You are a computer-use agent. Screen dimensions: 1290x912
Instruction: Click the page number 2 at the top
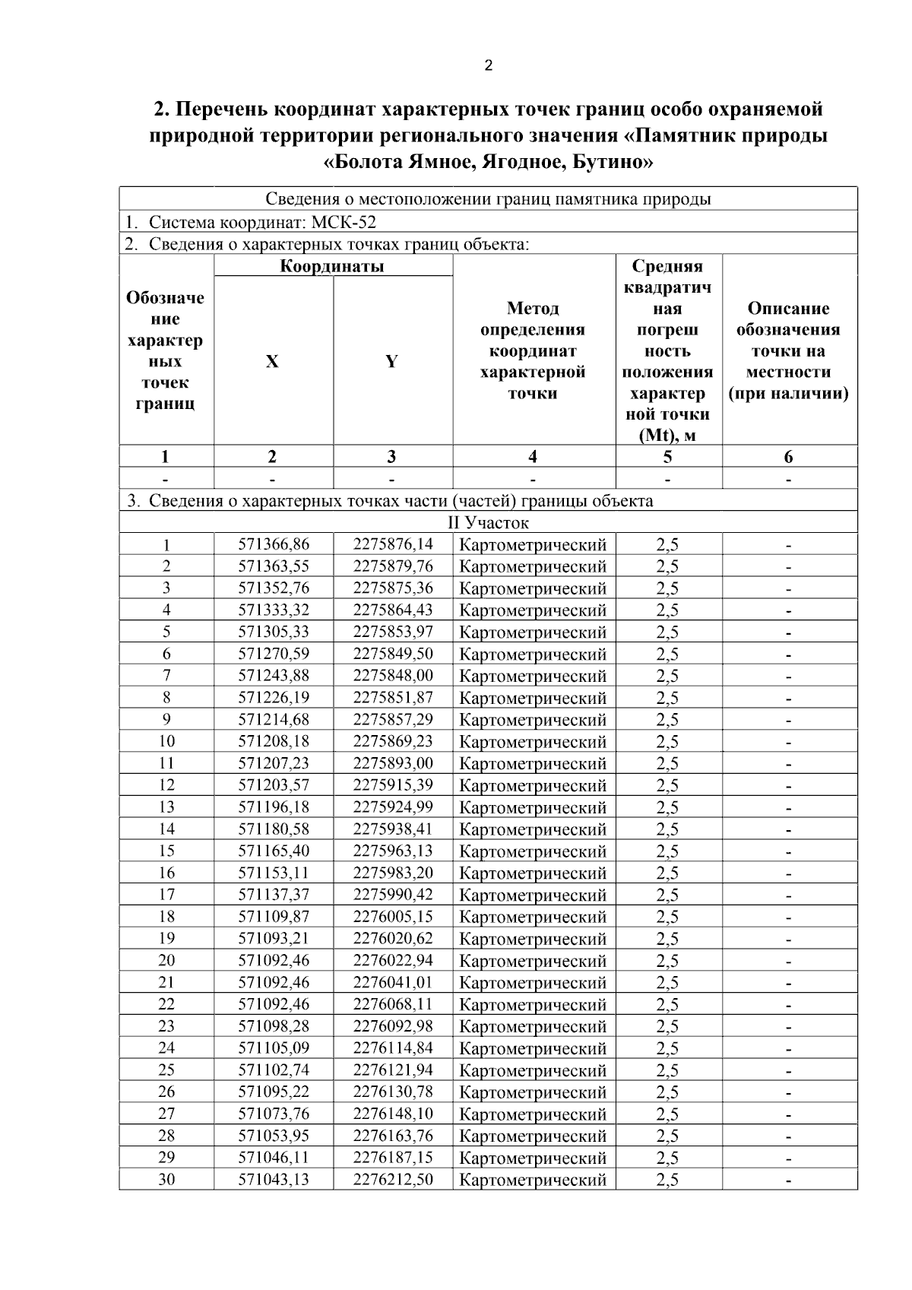488,65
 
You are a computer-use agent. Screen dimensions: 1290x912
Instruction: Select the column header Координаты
332,266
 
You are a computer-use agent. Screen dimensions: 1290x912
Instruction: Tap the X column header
272,362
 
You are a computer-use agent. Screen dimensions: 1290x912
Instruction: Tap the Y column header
391,362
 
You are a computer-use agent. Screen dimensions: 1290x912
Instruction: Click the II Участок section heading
487,523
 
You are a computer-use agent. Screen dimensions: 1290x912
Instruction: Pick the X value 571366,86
274,544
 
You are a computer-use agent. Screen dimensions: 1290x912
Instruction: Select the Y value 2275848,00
393,676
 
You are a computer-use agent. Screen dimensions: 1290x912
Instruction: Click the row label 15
166,851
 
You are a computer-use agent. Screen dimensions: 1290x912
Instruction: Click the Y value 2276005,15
393,916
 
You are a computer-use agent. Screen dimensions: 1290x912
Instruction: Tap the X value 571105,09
274,1048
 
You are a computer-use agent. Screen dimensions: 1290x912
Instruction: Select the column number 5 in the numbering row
667,457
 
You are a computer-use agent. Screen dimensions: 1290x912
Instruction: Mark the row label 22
166,1004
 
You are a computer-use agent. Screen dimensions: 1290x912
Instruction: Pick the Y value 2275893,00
393,763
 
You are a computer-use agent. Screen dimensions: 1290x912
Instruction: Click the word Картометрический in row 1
533,545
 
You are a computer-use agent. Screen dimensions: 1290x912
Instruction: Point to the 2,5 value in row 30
667,1180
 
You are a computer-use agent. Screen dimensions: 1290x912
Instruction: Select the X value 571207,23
274,763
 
